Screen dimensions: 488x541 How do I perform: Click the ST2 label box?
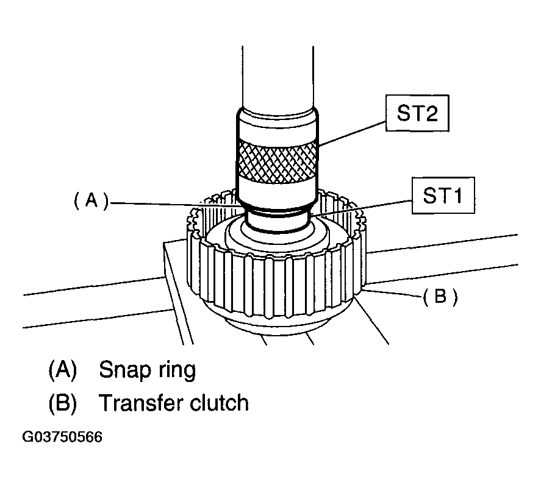417,115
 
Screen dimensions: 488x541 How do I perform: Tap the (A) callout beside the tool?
91,201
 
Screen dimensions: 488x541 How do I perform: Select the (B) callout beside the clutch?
440,297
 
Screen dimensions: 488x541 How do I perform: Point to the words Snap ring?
147,370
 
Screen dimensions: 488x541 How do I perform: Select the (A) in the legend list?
63,370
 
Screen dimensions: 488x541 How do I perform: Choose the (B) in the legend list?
63,403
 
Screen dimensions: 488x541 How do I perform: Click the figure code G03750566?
62,437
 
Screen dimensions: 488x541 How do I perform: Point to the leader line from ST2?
354,132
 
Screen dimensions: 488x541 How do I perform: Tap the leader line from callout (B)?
390,294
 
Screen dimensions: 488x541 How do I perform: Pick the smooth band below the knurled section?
278,188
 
